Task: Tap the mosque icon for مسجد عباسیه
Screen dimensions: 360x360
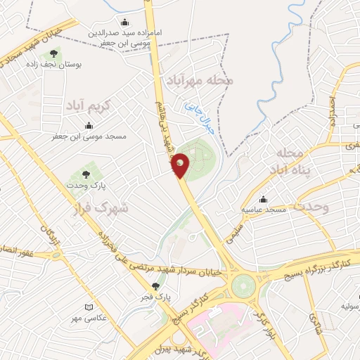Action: (263, 198)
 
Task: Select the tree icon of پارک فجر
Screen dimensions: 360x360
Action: (156, 286)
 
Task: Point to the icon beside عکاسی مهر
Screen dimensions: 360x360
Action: (88, 307)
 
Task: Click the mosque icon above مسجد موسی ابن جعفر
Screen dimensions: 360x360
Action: (89, 125)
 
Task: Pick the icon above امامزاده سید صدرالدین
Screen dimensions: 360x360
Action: (125, 22)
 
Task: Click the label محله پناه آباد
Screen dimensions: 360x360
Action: (289, 162)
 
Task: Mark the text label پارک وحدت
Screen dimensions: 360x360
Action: (87, 185)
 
